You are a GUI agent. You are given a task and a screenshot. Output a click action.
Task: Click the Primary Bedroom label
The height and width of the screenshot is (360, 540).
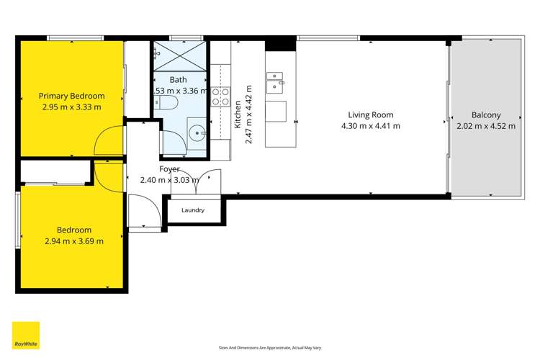(71, 96)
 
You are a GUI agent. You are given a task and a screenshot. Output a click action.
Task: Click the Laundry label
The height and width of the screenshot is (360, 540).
(193, 210)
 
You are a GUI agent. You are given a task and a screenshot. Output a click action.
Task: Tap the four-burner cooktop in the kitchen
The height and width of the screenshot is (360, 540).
(220, 97)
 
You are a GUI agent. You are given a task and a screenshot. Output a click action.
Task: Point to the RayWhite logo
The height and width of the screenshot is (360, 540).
(25, 335)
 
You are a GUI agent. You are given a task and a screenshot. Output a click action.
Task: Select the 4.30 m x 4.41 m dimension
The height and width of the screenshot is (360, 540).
(370, 126)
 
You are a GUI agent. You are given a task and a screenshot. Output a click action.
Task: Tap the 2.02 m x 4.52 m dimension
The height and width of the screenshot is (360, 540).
(486, 126)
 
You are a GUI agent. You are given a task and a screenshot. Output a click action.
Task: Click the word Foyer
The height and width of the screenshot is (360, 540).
(170, 169)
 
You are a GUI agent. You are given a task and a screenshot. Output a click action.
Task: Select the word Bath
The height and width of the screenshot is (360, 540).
(178, 80)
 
